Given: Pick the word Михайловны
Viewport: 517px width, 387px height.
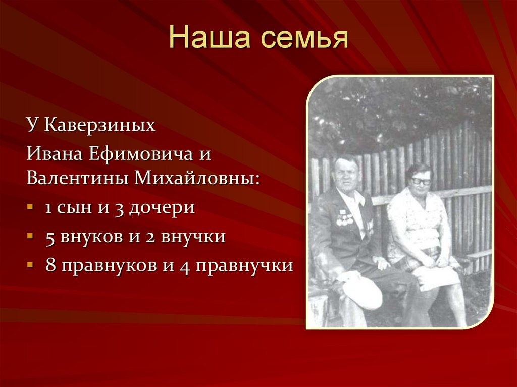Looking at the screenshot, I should pyautogui.click(x=196, y=178).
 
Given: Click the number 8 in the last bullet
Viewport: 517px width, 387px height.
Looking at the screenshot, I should pyautogui.click(x=50, y=265).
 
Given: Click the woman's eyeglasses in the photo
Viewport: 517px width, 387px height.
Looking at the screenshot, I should pyautogui.click(x=421, y=181).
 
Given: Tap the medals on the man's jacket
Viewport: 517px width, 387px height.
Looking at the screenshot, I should pyautogui.click(x=344, y=219).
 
